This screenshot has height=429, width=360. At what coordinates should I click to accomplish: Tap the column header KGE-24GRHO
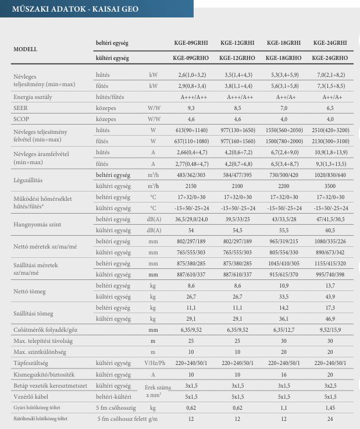pyautogui.click(x=329, y=58)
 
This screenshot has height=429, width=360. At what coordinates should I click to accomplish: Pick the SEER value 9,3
pyautogui.click(x=190, y=108)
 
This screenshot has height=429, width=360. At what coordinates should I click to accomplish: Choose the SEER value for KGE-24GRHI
pyautogui.click(x=329, y=108)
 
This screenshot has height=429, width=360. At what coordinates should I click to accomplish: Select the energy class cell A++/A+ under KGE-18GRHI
pyautogui.click(x=283, y=97)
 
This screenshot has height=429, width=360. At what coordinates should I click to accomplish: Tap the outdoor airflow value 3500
pyautogui.click(x=329, y=186)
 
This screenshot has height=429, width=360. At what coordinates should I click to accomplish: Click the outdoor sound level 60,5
pyautogui.click(x=329, y=230)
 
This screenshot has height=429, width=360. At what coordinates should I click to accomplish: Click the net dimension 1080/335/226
pyautogui.click(x=329, y=241)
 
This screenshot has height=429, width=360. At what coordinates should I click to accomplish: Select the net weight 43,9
pyautogui.click(x=329, y=296)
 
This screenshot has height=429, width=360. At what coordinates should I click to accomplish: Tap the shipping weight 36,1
pyautogui.click(x=283, y=318)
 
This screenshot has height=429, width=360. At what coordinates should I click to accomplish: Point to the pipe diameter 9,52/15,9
pyautogui.click(x=329, y=329)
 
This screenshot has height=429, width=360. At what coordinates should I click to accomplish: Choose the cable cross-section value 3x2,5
pyautogui.click(x=329, y=385)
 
